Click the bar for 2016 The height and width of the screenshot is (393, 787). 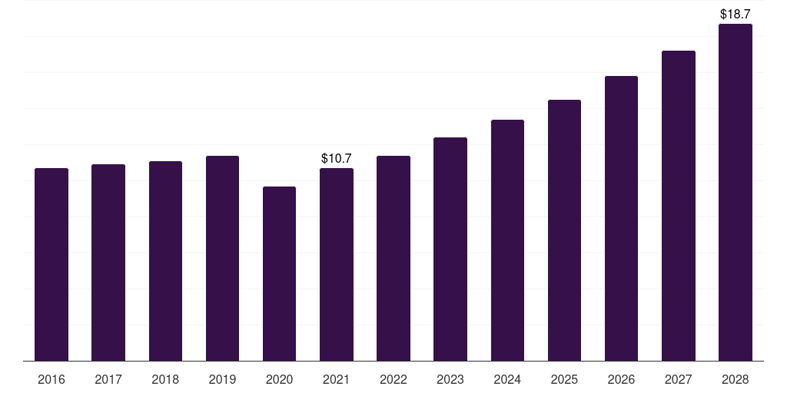[x=51, y=265]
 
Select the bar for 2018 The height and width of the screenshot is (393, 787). [x=166, y=261]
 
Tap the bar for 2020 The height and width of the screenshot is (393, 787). [x=280, y=274]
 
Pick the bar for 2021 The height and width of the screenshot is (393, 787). [x=337, y=265]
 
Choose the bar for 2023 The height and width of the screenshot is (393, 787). [x=450, y=249]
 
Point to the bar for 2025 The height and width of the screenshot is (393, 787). [x=565, y=230]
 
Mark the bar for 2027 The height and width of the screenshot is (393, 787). [x=679, y=206]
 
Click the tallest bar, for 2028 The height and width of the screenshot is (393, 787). [x=736, y=193]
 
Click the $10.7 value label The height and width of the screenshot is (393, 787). [x=337, y=158]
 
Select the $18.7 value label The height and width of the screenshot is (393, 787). [x=736, y=14]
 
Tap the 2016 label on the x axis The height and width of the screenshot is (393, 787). [x=51, y=379]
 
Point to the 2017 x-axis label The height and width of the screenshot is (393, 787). [x=108, y=379]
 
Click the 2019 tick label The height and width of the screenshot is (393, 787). [x=222, y=379]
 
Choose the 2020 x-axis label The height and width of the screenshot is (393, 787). [x=280, y=379]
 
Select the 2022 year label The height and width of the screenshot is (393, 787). [x=393, y=379]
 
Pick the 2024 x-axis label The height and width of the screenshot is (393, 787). [x=507, y=379]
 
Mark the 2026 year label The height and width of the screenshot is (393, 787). [x=621, y=379]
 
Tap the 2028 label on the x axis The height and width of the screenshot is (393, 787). [x=736, y=379]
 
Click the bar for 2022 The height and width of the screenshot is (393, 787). [x=393, y=259]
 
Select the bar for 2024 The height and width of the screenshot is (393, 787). [x=507, y=240]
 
